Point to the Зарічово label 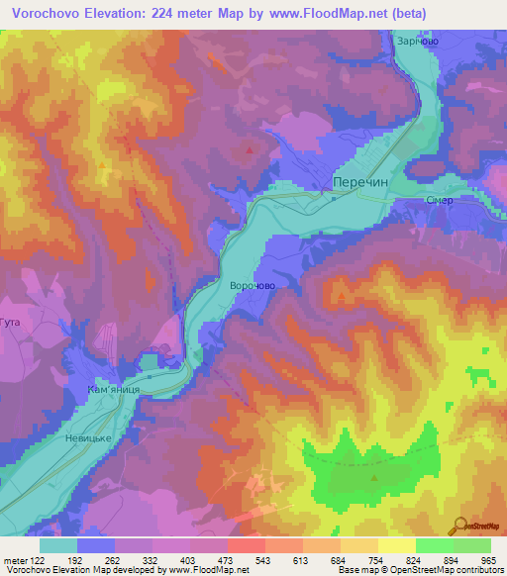[417, 42]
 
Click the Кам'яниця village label [120, 390]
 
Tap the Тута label [10, 324]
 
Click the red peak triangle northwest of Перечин [249, 150]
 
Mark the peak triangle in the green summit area [374, 477]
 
